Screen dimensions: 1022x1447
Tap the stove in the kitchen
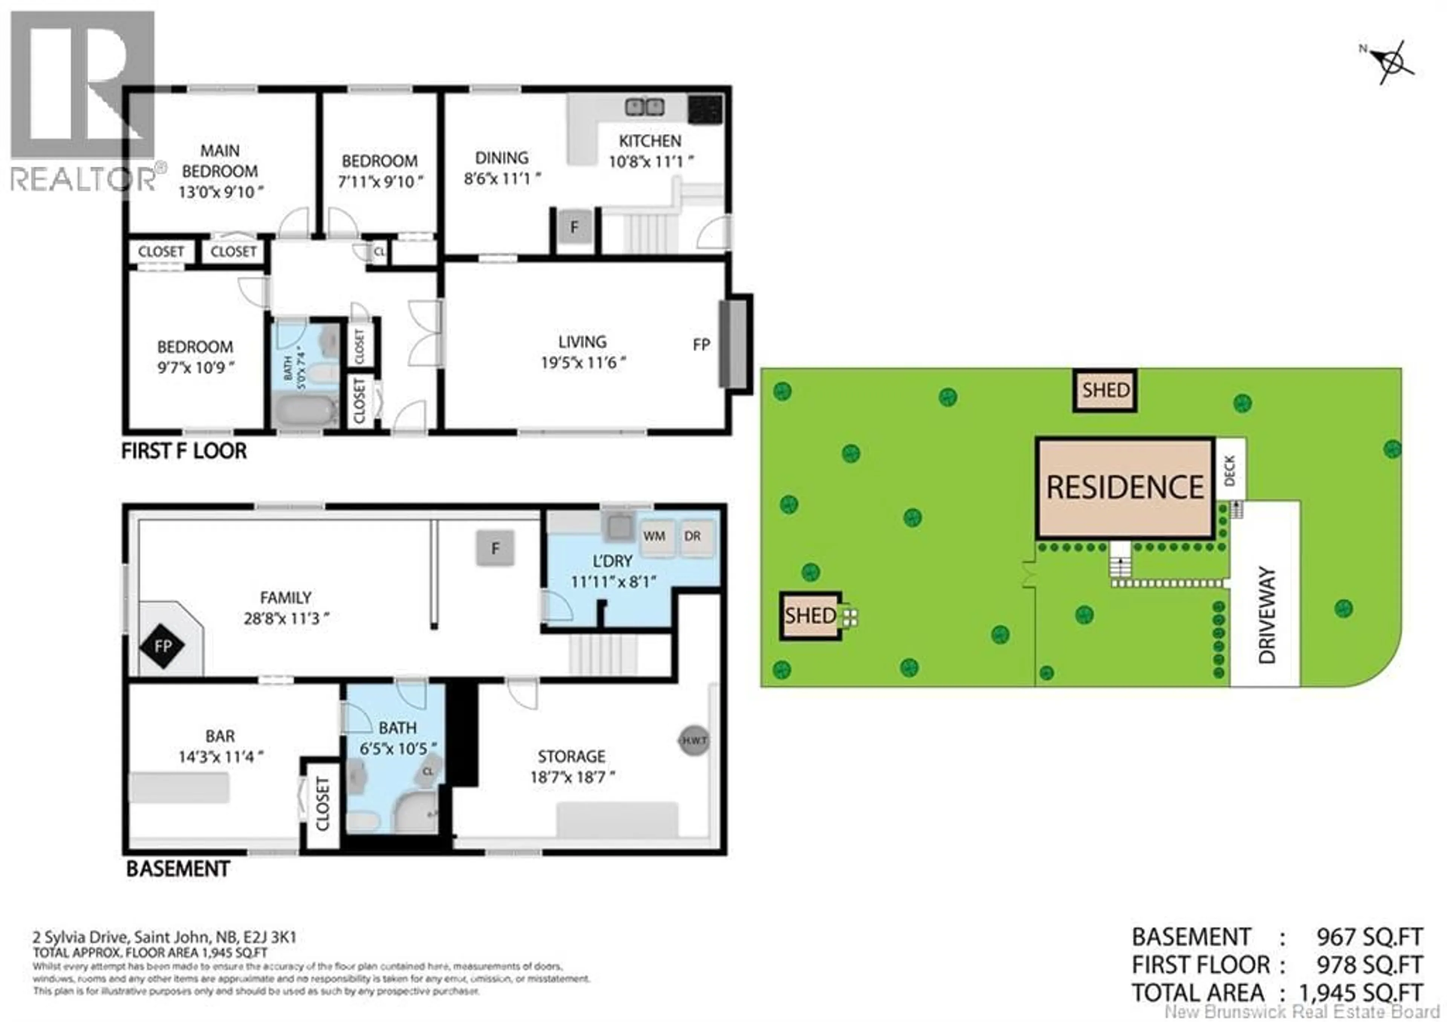coord(705,109)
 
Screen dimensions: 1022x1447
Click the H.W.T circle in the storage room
coord(694,740)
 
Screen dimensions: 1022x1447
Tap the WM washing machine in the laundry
coord(654,536)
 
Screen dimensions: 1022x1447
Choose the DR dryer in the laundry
coord(693,536)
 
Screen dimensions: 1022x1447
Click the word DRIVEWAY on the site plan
coord(1266,615)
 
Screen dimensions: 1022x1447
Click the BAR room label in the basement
coord(220,736)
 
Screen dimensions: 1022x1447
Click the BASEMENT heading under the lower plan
coord(178,869)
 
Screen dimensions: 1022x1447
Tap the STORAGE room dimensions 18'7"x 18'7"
coord(572,777)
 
